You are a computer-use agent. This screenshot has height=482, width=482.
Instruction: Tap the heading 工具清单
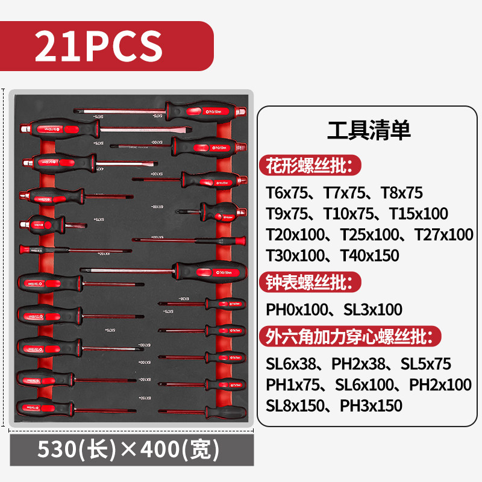click(369, 130)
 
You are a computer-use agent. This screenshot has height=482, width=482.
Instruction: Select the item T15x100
click(419, 213)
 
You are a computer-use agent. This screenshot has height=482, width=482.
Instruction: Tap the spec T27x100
click(442, 234)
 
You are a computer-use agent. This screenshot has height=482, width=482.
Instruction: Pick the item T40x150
click(369, 255)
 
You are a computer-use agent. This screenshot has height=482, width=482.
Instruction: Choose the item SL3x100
click(372, 310)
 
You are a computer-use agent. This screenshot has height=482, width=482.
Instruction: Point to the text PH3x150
click(371, 405)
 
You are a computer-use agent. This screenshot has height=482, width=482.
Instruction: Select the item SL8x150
click(295, 405)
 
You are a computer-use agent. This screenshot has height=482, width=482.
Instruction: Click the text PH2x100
click(440, 384)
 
